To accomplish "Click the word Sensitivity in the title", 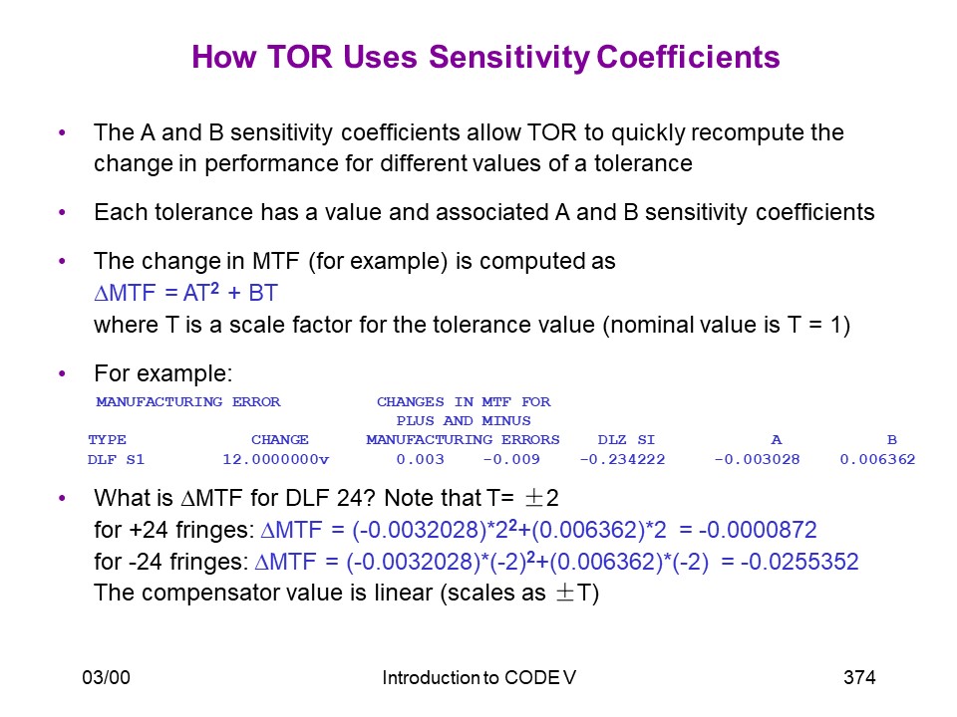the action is tap(509, 58).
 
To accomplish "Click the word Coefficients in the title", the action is tap(688, 58).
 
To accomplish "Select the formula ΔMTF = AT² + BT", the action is tap(186, 293).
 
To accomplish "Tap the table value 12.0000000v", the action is tap(275, 459).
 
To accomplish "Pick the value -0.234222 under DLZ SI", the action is tap(622, 459).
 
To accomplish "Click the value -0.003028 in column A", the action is tap(757, 459).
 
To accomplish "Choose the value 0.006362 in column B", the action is tap(877, 459).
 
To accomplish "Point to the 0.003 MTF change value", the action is tap(420, 459).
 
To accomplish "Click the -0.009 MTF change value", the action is tap(511, 459).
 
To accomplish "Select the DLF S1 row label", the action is tap(116, 459).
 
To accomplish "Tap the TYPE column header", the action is tap(107, 439).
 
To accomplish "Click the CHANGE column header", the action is tap(279, 439).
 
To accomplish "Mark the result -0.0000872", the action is tap(758, 530).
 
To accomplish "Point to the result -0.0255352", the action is tap(799, 562).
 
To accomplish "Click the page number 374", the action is tap(859, 677).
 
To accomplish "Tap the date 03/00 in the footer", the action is tap(107, 677).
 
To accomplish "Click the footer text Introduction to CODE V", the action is tap(479, 677).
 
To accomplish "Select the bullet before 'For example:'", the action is tap(62, 373).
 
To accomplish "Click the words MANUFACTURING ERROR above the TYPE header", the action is tap(188, 401).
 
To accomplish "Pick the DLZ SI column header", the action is tap(626, 439).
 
